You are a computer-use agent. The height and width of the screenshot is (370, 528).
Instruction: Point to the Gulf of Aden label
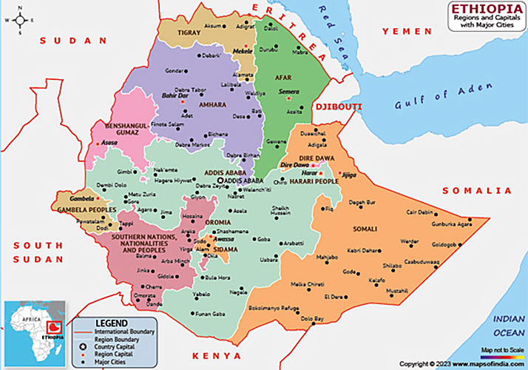442,96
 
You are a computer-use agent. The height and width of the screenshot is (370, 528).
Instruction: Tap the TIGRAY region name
188,33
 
